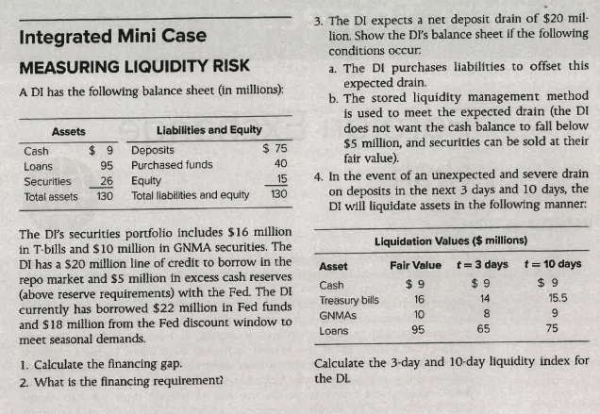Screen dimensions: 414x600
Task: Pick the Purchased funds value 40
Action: [x=278, y=165]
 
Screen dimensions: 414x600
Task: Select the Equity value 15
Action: [x=278, y=180]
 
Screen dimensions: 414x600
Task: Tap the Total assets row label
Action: [x=50, y=196]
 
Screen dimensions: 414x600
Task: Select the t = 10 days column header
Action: [x=552, y=265]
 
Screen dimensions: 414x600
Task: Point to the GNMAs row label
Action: [x=338, y=315]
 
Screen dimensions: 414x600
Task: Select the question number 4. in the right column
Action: [x=319, y=175]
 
